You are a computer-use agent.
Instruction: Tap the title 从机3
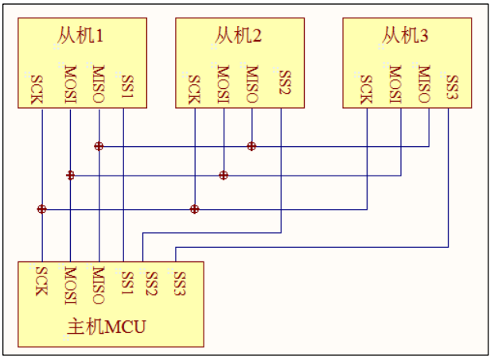click(405, 37)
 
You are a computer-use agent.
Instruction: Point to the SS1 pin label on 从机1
click(127, 86)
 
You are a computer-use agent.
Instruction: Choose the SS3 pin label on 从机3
click(452, 87)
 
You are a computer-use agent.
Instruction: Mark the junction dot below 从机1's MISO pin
click(99, 146)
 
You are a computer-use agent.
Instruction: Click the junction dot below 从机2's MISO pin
click(251, 146)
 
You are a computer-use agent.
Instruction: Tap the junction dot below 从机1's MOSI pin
click(70, 176)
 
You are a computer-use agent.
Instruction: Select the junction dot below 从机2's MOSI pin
click(224, 176)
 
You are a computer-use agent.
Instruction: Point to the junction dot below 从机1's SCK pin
click(41, 209)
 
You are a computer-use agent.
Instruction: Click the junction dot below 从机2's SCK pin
click(194, 209)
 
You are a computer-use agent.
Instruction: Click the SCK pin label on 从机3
click(366, 90)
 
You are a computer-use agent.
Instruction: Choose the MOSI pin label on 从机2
click(224, 86)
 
